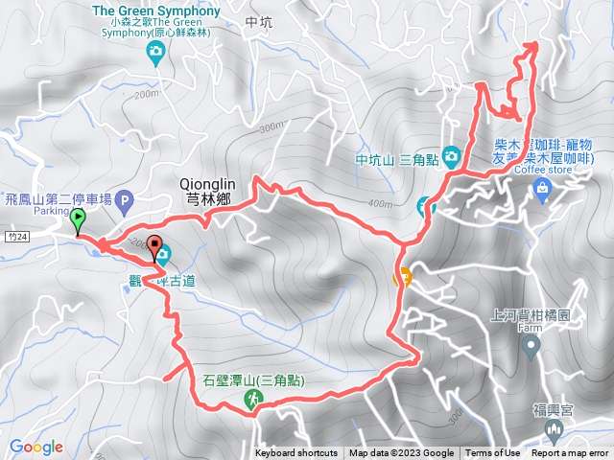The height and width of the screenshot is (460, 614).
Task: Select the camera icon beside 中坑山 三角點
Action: [451, 157]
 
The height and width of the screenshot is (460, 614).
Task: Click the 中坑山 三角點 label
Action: [397, 158]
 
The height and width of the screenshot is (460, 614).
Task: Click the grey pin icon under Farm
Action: [528, 349]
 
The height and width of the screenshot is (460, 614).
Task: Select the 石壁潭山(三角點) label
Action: [252, 380]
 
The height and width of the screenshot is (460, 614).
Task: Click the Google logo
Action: [35, 447]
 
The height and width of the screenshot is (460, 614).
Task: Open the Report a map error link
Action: [570, 453]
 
